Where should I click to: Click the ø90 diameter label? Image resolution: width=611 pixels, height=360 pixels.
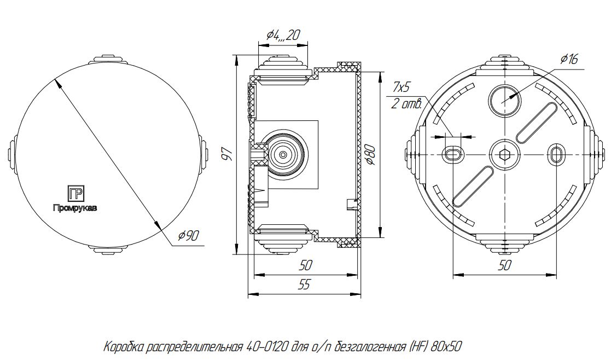pos(188,236)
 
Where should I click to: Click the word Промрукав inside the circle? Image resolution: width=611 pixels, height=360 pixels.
pos(75,208)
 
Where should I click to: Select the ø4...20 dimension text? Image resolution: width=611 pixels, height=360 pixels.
pos(284,36)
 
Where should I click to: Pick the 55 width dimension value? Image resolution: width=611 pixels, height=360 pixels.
pos(305,284)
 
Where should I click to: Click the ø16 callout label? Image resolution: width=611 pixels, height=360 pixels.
pos(569,60)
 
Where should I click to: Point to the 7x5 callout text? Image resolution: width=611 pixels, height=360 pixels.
pos(401,88)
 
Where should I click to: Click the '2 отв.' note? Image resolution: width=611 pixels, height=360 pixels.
pos(403,104)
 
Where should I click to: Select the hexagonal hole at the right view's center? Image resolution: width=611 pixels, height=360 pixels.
pos(504,155)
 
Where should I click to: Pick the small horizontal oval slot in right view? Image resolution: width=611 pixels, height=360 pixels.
pos(452,155)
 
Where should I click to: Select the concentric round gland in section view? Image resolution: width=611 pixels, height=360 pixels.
pos(282,154)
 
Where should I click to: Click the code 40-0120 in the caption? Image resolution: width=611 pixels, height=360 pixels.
pos(263,347)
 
